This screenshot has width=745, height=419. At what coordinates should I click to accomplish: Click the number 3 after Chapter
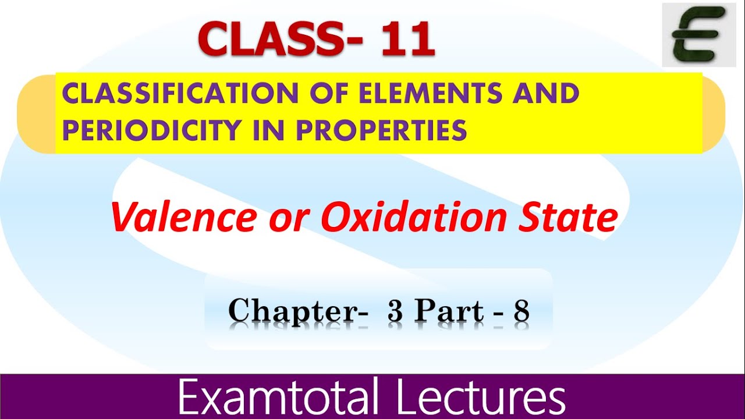point(395,311)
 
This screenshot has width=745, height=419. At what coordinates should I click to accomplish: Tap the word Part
point(449,311)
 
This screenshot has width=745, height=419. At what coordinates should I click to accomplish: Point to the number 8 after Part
point(520,311)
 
